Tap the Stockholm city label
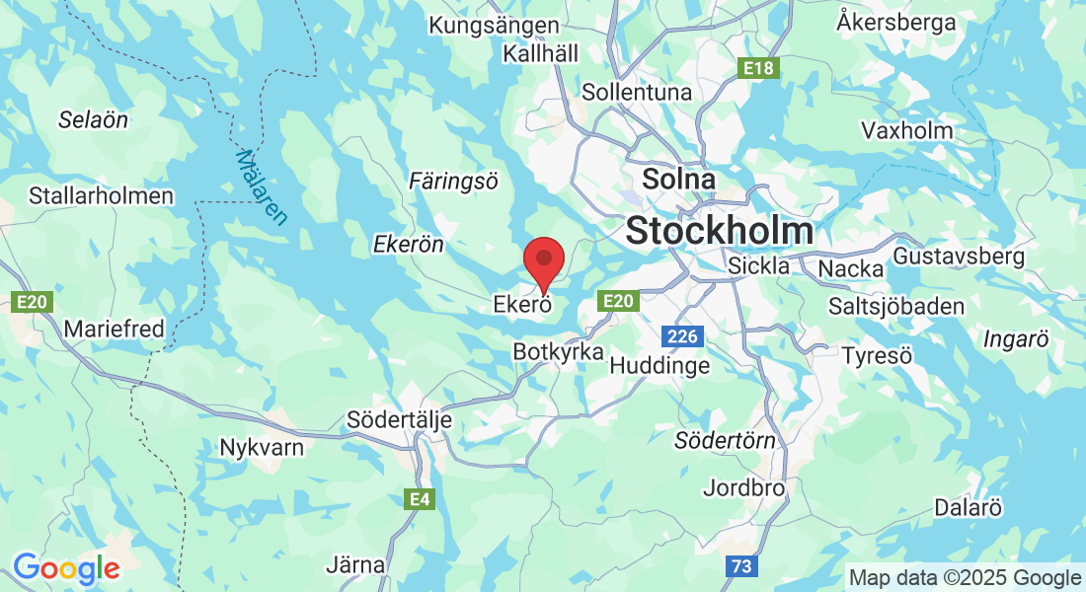pos(720,231)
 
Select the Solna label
pos(678,180)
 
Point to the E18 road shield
pos(760,68)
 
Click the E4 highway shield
pos(420,500)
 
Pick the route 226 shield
pos(681,337)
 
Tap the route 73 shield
pos(740,566)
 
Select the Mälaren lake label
pos(262,186)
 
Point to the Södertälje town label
pos(399,420)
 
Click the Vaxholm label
pos(906,130)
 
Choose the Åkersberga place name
pos(896,22)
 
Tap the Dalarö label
pos(969,508)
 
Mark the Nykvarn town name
pos(262,447)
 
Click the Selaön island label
pos(93,120)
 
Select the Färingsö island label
pos(453,181)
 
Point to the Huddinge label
pos(659,365)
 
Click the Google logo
pos(66,568)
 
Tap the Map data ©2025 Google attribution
pos(965,577)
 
